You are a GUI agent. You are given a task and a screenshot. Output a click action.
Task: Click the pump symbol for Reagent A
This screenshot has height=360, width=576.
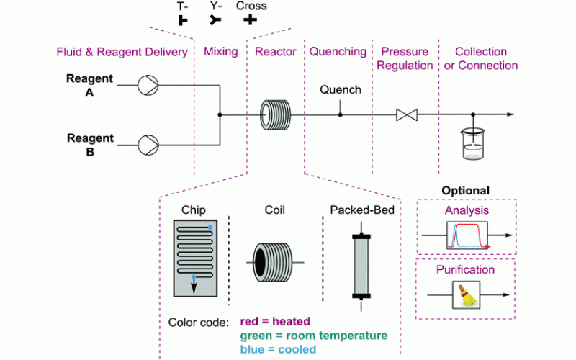click(x=148, y=86)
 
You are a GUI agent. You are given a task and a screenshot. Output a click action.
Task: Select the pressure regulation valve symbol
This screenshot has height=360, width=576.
click(x=407, y=114)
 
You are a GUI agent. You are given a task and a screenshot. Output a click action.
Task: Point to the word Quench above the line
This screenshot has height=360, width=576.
click(x=341, y=90)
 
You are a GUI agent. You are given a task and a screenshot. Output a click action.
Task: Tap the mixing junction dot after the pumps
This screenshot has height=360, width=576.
click(x=220, y=114)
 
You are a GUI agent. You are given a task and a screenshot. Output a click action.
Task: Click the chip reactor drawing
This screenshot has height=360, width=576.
click(x=194, y=259)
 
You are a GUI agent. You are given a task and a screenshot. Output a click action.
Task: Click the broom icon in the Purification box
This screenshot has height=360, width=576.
click(x=464, y=294)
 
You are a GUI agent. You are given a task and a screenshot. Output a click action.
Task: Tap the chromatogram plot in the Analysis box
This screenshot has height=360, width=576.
click(x=468, y=235)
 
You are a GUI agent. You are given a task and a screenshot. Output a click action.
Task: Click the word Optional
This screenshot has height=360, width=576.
click(x=465, y=191)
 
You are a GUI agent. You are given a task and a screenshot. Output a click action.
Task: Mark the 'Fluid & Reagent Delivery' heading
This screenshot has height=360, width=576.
click(x=122, y=52)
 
